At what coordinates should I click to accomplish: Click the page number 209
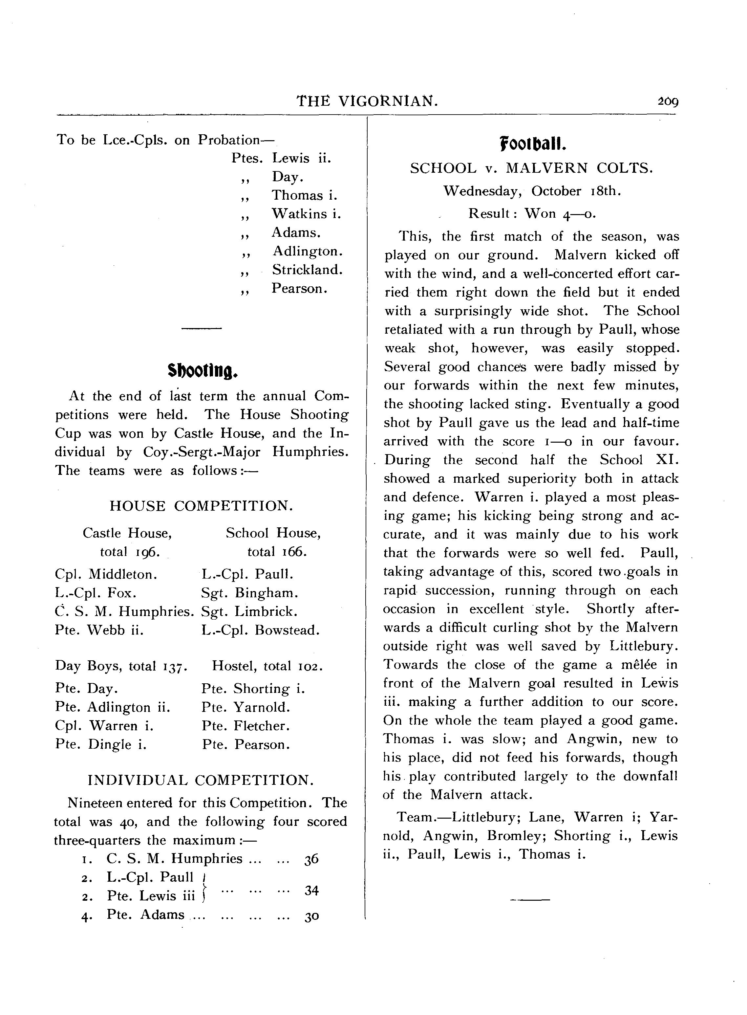pyautogui.click(x=668, y=102)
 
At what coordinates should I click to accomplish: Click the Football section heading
pyautogui.click(x=533, y=145)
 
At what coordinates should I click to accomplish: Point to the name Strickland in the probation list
pyautogui.click(x=307, y=270)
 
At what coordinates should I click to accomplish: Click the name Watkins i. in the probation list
pyautogui.click(x=306, y=214)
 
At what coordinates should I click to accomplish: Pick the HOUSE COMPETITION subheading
pyautogui.click(x=201, y=506)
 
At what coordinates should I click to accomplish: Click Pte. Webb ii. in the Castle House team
pyautogui.click(x=99, y=630)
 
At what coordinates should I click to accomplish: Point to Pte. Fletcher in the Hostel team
pyautogui.click(x=246, y=726)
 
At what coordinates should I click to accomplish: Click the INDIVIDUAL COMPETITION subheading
pyautogui.click(x=200, y=780)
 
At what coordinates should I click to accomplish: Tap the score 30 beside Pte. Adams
pyautogui.click(x=311, y=916)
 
